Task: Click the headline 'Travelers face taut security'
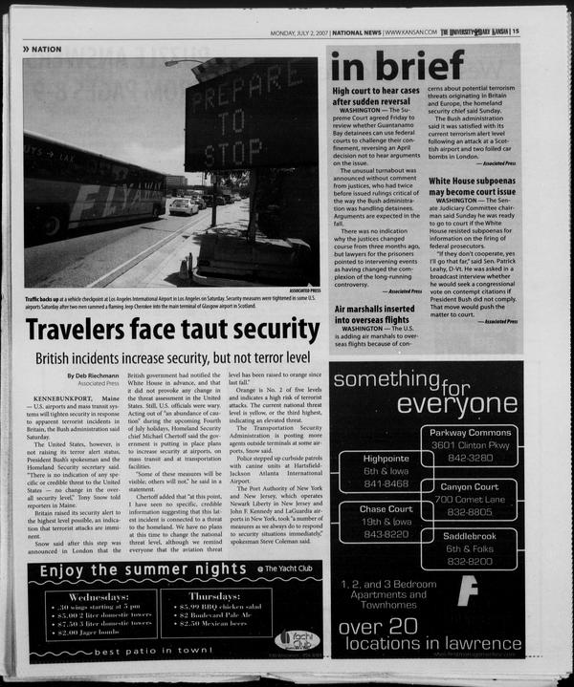[172, 332]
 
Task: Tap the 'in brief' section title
[396, 67]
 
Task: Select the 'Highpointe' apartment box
[386, 470]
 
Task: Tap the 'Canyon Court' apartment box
[472, 499]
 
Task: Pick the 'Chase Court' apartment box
[386, 521]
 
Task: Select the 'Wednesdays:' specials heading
[95, 596]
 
